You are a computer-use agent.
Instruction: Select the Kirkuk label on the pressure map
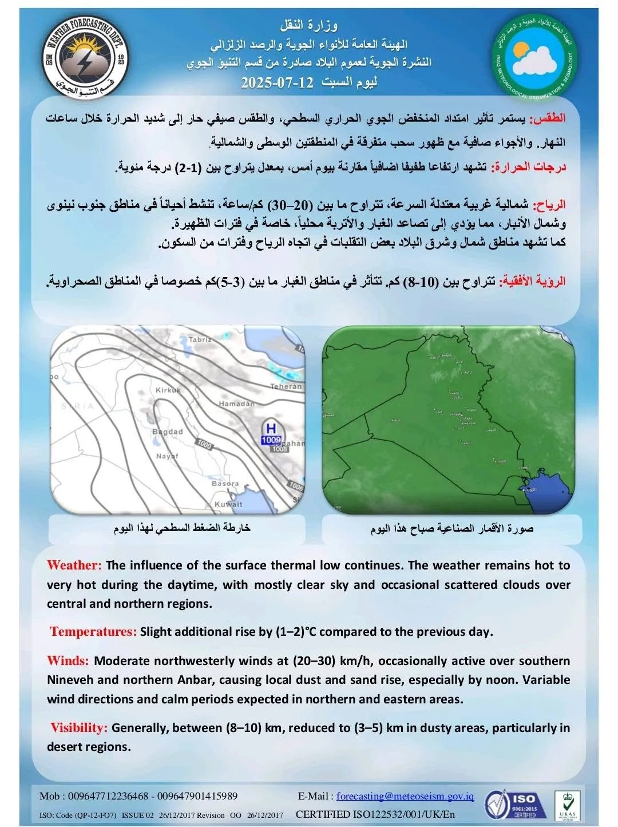[168, 390]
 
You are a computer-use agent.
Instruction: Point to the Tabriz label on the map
[200, 339]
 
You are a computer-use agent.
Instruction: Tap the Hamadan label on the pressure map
[236, 404]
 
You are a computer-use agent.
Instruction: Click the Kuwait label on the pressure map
[228, 504]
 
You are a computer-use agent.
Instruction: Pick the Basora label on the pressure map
[225, 484]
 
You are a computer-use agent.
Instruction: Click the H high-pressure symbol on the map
[271, 428]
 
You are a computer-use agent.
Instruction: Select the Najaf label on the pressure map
[167, 456]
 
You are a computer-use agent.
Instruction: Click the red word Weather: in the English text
[74, 565]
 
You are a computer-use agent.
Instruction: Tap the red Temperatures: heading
[93, 632]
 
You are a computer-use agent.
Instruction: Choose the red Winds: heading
[68, 661]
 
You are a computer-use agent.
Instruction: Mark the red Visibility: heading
[79, 728]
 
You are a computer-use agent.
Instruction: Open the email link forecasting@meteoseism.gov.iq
[405, 796]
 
